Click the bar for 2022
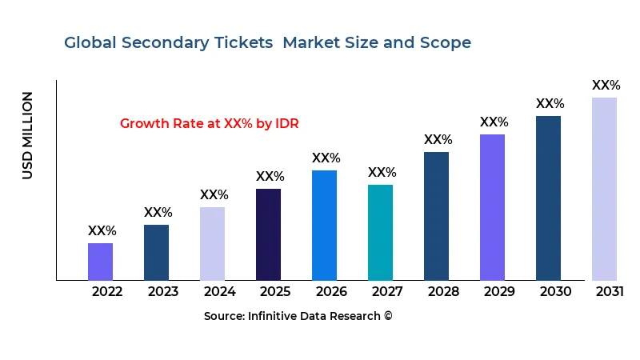pos(100,262)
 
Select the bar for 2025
pos(268,234)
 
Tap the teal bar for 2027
pos(380,232)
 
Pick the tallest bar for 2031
pos(604,189)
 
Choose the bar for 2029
pos(492,207)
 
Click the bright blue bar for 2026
pos(324,225)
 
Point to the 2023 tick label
pos(163,291)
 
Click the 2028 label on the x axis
pos(443,291)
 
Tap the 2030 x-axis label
pos(555,291)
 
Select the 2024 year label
pos(219,291)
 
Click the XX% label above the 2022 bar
pos(102,231)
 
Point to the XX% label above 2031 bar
pos(606,86)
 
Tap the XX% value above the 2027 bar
pos(382,173)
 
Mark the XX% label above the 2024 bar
pos(214,195)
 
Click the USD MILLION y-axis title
pos(28,135)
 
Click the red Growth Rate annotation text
pos(209,124)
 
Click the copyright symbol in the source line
pos(388,316)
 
